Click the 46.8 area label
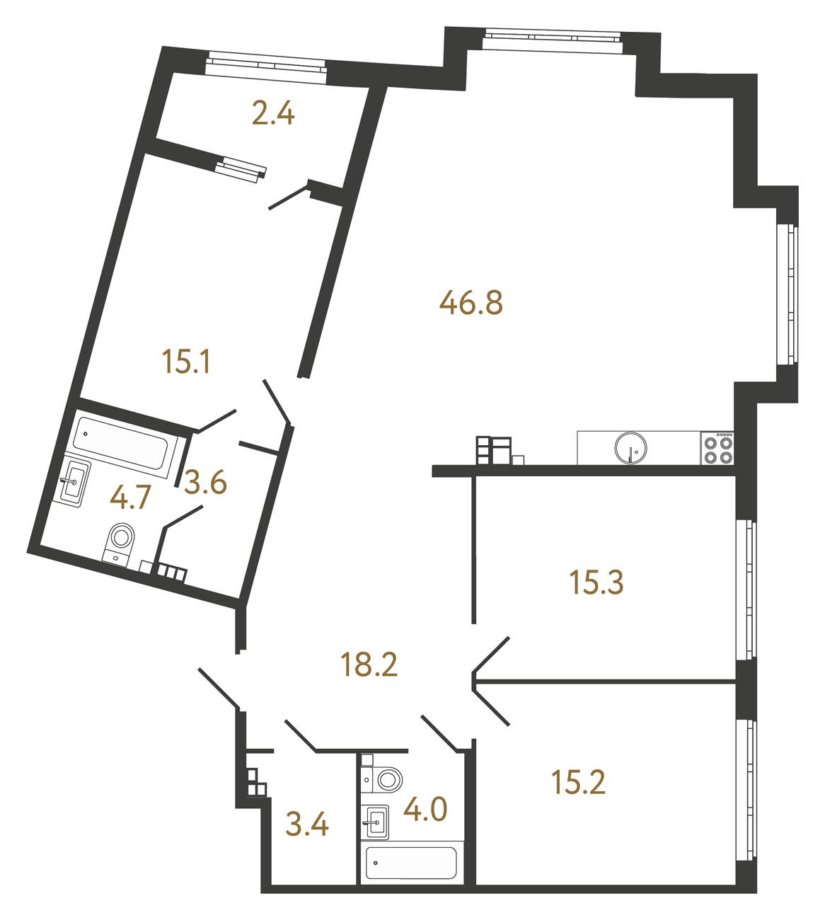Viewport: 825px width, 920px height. coord(471,303)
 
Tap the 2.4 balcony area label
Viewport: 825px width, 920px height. coord(273,113)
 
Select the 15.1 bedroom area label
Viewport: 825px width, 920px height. coord(186,362)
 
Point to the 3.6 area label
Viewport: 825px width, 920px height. coord(205,483)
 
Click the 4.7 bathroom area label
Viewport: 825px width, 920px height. coord(131,498)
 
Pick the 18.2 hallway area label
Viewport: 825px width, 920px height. coord(369,665)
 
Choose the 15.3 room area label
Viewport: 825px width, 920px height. coord(596,582)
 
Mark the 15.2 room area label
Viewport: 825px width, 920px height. coord(578,783)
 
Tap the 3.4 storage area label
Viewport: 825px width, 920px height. coord(307,824)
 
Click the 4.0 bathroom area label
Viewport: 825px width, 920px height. coord(425,809)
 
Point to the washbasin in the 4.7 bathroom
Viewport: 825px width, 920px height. coord(74,481)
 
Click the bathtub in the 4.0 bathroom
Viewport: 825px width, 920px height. coord(410,863)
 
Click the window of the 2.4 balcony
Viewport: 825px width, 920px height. coord(266,64)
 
